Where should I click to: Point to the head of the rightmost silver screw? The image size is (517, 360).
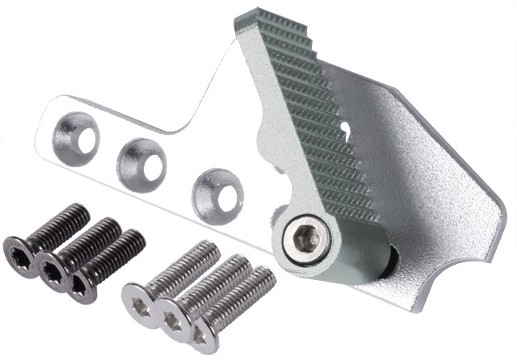pos(204,333)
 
